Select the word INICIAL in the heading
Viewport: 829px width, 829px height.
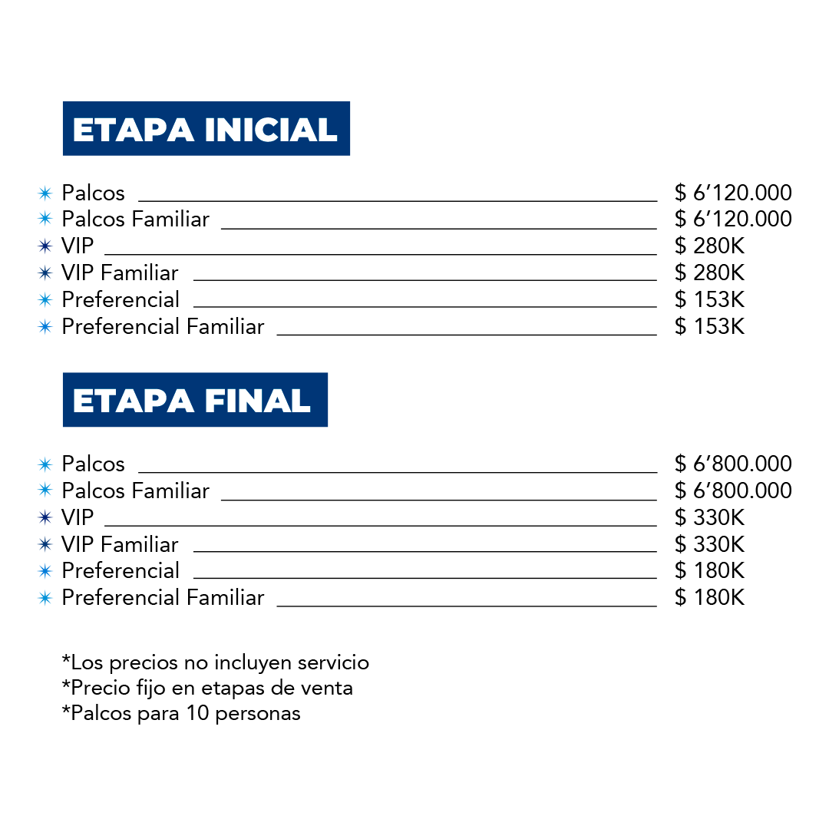pyautogui.click(x=270, y=130)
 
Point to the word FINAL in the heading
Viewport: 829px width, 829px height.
pyautogui.click(x=257, y=401)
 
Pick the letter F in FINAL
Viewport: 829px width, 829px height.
pyautogui.click(x=213, y=401)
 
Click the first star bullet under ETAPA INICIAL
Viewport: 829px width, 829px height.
pyautogui.click(x=45, y=193)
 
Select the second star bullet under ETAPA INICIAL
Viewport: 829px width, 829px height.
pyautogui.click(x=45, y=218)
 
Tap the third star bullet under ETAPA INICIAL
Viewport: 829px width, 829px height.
pyautogui.click(x=45, y=246)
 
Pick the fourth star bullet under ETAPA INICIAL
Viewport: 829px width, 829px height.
pyautogui.click(x=45, y=272)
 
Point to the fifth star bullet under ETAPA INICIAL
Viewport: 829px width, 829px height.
pyautogui.click(x=45, y=299)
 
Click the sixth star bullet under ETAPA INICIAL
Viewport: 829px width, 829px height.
pyautogui.click(x=45, y=327)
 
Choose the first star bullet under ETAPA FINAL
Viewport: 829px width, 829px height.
pyautogui.click(x=45, y=464)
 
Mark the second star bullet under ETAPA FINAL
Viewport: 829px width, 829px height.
pyautogui.click(x=45, y=489)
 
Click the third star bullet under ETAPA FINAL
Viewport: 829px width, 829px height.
pyautogui.click(x=45, y=517)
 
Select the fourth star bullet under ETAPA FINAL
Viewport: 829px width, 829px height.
pyautogui.click(x=45, y=544)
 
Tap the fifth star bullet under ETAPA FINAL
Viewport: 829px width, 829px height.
pyautogui.click(x=45, y=571)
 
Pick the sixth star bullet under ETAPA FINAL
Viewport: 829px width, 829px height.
pyautogui.click(x=45, y=598)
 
